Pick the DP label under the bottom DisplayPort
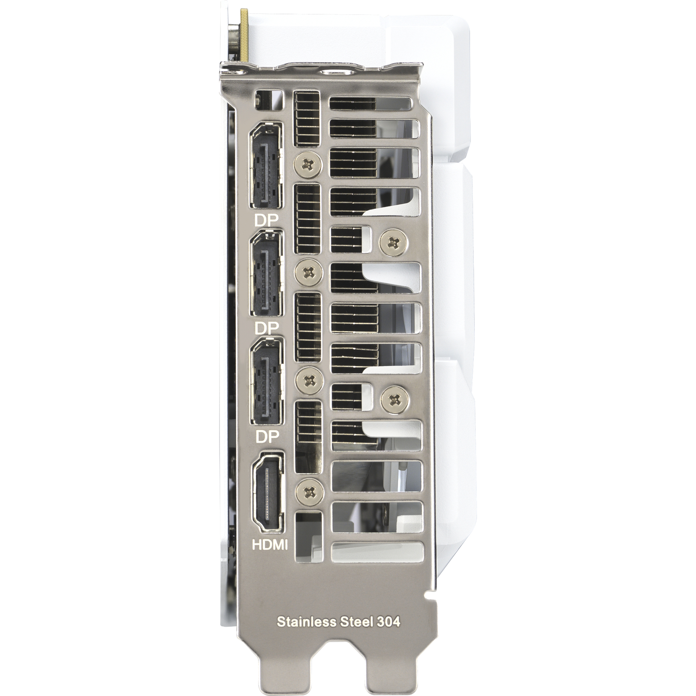click(x=267, y=436)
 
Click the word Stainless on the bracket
click(x=304, y=622)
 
